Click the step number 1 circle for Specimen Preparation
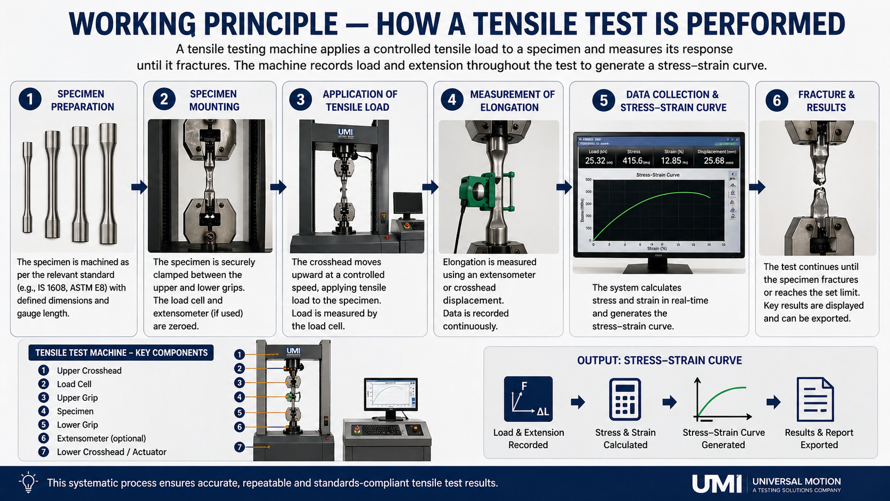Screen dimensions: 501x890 (30, 99)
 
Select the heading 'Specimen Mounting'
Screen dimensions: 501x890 (213, 100)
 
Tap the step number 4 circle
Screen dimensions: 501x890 (452, 100)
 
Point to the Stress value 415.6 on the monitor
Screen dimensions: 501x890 (632, 160)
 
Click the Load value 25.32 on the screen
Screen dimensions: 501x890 (595, 160)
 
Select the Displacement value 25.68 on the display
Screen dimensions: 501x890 (714, 160)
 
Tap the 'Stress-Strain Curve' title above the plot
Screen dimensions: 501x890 (657, 175)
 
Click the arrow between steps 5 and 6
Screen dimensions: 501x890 (757, 187)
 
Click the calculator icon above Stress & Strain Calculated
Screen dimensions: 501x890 (625, 399)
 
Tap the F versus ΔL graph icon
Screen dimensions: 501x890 (528, 399)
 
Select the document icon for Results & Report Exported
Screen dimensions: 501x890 (815, 399)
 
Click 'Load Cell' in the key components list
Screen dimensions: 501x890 (74, 384)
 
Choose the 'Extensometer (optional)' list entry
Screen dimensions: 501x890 (101, 438)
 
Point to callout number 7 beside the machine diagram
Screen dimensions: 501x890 (240, 447)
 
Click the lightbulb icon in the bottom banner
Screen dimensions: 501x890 (28, 482)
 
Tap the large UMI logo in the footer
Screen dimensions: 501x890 (716, 483)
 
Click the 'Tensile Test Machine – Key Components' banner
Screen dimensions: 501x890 (121, 352)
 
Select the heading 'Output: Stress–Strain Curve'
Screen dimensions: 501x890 (659, 360)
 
